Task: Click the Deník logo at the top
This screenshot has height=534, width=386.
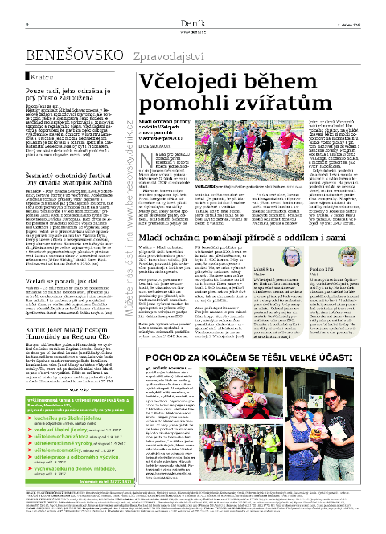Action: pyautogui.click(x=193, y=9)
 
